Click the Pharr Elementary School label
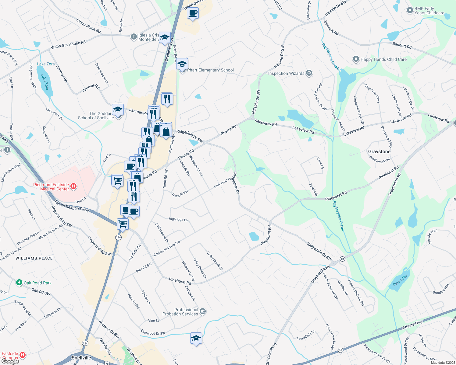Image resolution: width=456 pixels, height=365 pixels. (x=210, y=70)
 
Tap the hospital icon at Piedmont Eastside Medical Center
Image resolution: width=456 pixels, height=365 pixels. (x=73, y=186)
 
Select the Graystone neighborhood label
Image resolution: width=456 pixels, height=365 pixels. (x=379, y=151)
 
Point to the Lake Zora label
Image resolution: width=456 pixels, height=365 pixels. (x=46, y=64)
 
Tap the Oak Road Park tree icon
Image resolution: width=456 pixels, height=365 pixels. (x=19, y=283)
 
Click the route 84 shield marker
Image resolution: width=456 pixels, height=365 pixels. (x=343, y=259)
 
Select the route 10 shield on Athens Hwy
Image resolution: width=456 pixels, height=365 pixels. (x=340, y=350)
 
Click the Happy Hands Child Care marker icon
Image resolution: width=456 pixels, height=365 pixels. (x=356, y=59)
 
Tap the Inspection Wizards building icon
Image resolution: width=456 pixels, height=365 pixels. (x=309, y=73)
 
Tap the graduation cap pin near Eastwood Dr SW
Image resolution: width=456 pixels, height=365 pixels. (x=196, y=338)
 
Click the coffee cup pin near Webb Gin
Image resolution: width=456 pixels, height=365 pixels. (x=193, y=13)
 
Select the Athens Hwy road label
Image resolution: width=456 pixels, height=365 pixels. (x=412, y=325)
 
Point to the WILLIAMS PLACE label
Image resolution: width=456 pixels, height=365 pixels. (x=34, y=258)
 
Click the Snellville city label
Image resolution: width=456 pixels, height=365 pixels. (x=81, y=358)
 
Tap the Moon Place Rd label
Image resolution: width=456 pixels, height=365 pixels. (x=88, y=26)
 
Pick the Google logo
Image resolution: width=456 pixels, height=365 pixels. (x=10, y=361)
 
